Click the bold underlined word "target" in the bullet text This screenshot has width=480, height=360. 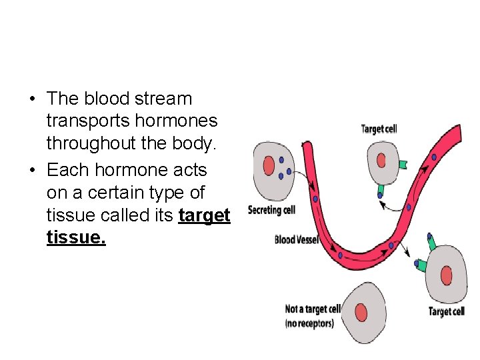coord(205,215)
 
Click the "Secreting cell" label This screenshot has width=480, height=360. coord(271,211)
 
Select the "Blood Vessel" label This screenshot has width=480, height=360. coord(297,239)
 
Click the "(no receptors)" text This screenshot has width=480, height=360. coord(309,323)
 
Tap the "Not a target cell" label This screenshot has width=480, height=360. coord(313,309)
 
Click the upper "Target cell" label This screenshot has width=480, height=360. coord(379,129)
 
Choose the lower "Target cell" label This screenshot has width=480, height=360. coord(446,311)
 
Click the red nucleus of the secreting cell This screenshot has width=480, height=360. coord(269,165)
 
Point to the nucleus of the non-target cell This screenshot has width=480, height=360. coord(361,312)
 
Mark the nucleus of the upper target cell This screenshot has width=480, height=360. coord(381,160)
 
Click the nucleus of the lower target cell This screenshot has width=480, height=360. coord(447,275)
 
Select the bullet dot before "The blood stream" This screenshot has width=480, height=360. coord(32,99)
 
